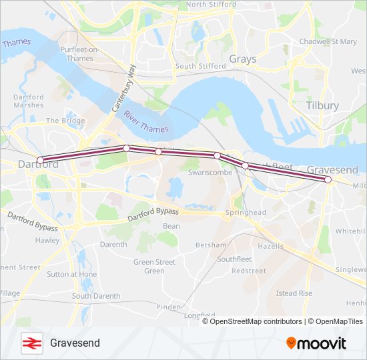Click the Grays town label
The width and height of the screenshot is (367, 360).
242,59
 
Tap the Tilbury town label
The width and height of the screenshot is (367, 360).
322,105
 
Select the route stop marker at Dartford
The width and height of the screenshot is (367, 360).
40,160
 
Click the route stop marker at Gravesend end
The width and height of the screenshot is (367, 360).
328,179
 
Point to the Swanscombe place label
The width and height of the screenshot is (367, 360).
210,172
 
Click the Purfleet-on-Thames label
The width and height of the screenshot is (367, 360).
80,54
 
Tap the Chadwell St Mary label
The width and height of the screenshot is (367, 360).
328,41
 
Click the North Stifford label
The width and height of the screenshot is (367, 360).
211,4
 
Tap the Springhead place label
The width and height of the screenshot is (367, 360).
246,212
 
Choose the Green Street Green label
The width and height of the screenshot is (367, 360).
154,267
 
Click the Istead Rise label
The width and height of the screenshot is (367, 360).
294,293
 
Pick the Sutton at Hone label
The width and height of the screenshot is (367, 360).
71,274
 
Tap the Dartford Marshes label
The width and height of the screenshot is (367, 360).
28,101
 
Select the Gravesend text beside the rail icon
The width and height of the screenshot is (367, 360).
75,343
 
